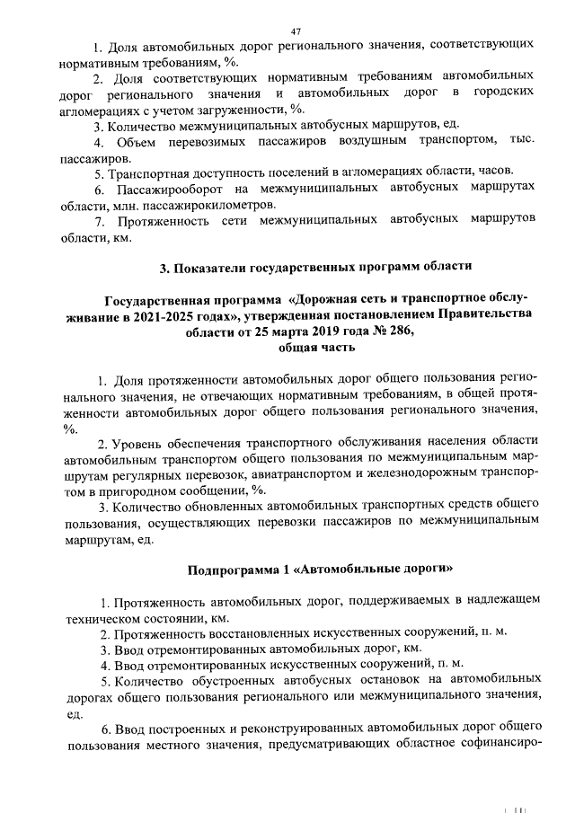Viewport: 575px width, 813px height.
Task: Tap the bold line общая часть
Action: (x=295, y=346)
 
